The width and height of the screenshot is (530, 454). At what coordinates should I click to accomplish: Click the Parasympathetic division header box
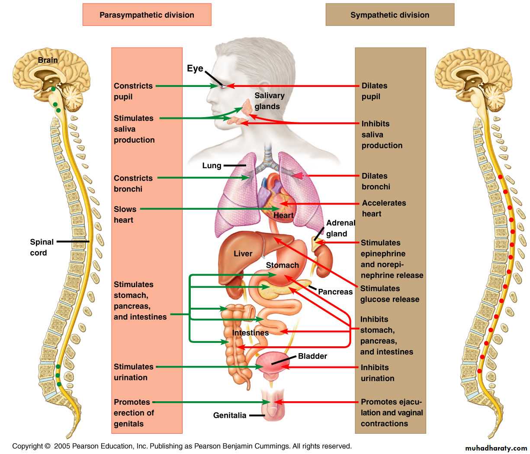(147, 15)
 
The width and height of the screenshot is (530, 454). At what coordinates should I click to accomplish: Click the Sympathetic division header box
(390, 15)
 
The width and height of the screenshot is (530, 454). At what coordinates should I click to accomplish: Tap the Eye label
(195, 68)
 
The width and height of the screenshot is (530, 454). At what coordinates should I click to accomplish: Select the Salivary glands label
(269, 101)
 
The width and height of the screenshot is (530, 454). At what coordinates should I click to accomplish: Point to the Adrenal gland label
(340, 228)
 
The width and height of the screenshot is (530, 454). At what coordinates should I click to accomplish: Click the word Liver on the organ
(243, 254)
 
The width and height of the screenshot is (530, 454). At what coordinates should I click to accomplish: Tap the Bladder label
(312, 356)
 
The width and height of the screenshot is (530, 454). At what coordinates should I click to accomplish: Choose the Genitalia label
(230, 416)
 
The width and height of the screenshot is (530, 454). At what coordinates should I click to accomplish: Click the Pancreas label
(335, 292)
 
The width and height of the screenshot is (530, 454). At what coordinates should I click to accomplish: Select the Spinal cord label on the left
(42, 247)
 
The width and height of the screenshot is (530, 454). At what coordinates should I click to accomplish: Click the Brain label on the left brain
(48, 60)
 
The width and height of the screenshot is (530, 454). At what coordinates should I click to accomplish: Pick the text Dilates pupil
(374, 91)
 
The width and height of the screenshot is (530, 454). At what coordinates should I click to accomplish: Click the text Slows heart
(125, 214)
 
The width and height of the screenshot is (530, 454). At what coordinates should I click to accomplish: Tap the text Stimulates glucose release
(389, 294)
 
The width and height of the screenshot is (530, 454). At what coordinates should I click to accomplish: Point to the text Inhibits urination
(377, 373)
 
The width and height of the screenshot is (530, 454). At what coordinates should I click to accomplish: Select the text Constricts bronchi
(133, 183)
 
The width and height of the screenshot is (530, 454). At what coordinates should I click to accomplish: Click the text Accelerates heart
(384, 208)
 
